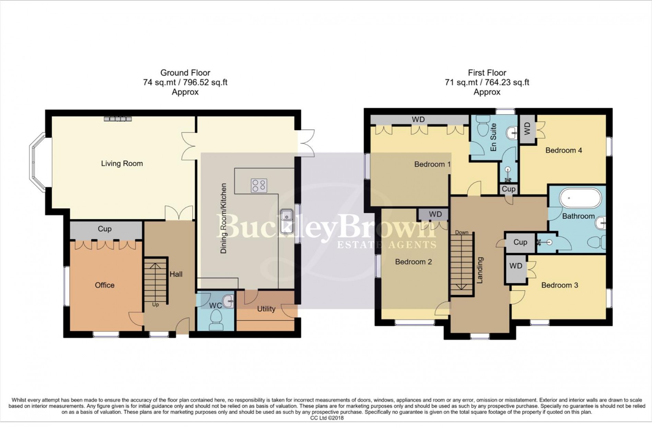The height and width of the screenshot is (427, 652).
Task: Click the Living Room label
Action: point(122,164)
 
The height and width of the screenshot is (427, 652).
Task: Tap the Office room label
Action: point(105,285)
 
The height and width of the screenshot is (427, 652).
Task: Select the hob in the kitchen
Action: point(259,186)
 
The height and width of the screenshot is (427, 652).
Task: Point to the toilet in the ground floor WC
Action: point(216,320)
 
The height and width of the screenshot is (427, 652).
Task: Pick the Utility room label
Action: point(266,309)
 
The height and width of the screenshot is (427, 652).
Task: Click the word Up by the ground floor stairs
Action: point(155,305)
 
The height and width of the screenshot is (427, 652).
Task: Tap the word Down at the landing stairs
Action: point(462,233)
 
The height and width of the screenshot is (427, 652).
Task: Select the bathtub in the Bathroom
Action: point(581,198)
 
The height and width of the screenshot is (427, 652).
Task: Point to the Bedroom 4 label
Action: point(563,150)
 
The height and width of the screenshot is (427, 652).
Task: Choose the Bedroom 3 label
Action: point(560,285)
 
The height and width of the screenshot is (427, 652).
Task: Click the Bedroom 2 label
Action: point(413,262)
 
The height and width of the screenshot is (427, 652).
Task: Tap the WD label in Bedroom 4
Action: point(527,129)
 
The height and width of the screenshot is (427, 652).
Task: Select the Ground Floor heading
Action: point(185,73)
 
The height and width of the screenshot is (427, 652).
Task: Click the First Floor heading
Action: point(487,73)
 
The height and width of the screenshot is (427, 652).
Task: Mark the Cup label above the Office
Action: point(105,229)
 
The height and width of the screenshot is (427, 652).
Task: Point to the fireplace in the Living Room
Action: point(118,119)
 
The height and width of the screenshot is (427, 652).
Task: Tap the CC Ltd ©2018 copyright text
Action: point(327,418)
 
